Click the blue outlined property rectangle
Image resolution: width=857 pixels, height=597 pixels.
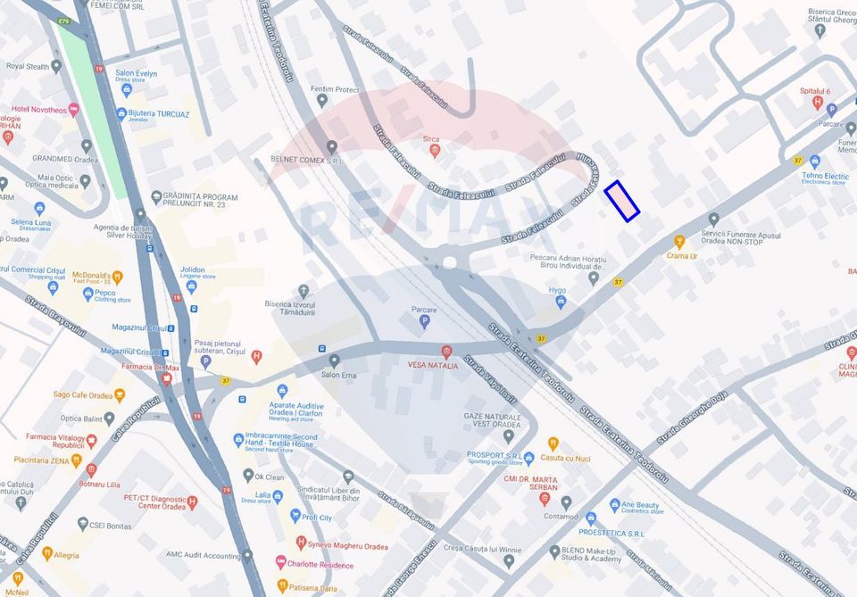[622, 201]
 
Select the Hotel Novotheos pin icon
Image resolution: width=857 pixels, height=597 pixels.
[73, 110]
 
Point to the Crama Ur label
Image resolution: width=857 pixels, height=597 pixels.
[681, 255]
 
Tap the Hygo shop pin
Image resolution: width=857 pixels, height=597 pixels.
[560, 302]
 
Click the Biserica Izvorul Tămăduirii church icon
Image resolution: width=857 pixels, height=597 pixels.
[304, 291]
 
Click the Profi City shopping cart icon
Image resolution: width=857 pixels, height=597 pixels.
[295, 517]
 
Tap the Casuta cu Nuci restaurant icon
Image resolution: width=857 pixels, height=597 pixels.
[553, 444]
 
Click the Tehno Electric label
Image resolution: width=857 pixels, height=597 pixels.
[824, 177]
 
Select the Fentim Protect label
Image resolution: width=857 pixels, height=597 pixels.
[335, 89]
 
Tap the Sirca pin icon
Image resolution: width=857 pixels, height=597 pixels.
[435, 150]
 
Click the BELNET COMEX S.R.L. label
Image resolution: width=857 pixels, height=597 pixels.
[306, 161]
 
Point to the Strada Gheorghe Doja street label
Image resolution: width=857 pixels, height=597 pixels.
[692, 418]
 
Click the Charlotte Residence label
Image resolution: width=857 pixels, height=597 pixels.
[320, 565]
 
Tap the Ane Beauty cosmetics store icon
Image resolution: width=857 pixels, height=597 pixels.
[614, 505]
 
